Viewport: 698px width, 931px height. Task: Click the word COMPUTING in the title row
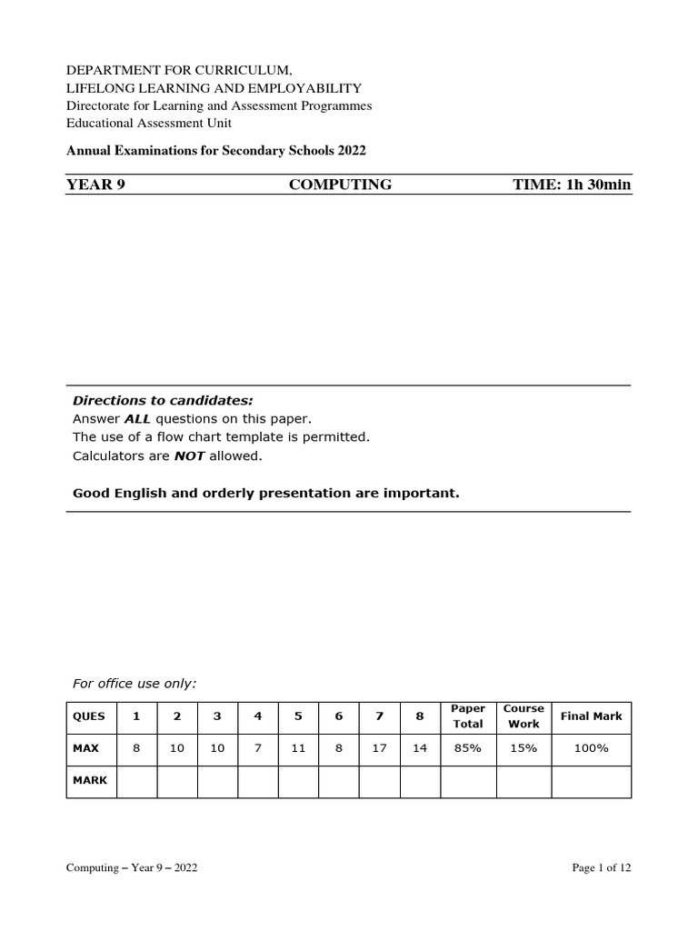click(x=340, y=185)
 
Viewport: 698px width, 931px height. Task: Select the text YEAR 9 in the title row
click(x=95, y=185)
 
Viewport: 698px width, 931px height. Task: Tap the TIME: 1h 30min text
click(x=572, y=185)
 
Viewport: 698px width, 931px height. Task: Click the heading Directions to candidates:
click(x=163, y=401)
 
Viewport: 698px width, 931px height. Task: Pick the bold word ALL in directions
click(x=136, y=419)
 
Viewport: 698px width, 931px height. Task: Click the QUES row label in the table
click(x=89, y=716)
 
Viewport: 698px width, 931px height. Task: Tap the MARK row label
click(x=89, y=781)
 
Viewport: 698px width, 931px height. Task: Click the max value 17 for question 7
click(x=379, y=748)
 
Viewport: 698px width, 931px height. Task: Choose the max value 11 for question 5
click(x=298, y=748)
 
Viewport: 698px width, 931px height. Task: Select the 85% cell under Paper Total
click(x=468, y=748)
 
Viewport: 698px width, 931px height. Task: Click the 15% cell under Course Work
click(x=523, y=748)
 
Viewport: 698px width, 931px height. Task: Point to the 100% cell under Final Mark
click(x=591, y=748)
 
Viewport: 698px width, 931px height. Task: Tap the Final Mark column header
click(x=591, y=716)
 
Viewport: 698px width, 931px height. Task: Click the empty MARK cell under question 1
click(x=136, y=781)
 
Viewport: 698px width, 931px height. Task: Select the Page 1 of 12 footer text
click(x=601, y=868)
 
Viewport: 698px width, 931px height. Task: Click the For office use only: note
click(x=135, y=683)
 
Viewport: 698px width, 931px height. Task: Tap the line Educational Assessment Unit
click(x=149, y=123)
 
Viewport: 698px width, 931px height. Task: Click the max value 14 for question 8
click(x=419, y=748)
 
